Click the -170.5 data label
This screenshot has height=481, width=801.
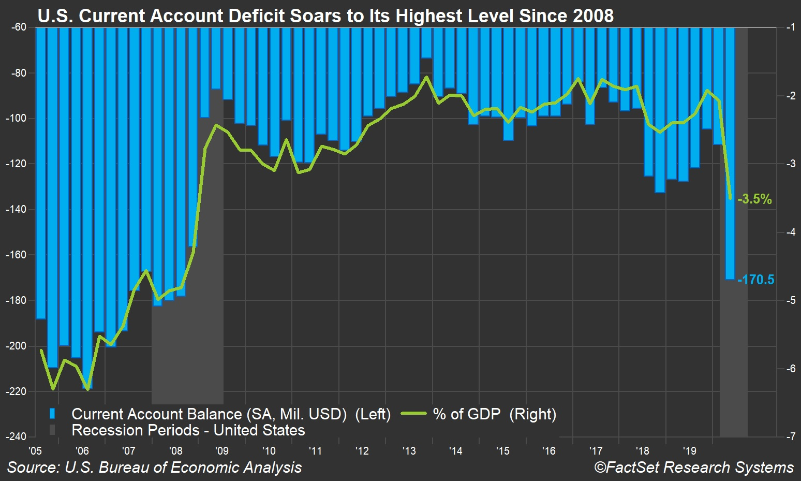tap(755, 280)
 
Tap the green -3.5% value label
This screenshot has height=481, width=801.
tap(754, 199)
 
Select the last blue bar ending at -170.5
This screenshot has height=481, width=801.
tap(730, 155)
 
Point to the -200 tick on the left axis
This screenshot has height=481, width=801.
tap(16, 346)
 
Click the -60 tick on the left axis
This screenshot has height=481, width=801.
tap(18, 27)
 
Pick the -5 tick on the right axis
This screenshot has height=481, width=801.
tap(791, 300)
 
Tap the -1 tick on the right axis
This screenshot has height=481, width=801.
tap(791, 27)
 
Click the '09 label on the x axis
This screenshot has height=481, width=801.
tap(221, 450)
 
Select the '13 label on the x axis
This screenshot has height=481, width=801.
tap(409, 450)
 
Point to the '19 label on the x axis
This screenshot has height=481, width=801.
tap(689, 450)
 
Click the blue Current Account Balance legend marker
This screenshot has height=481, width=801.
tap(52, 414)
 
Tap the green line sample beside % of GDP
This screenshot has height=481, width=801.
tap(413, 414)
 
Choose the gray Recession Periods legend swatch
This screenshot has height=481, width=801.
tap(52, 430)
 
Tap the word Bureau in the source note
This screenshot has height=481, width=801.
tap(127, 468)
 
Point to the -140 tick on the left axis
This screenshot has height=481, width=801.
tap(16, 209)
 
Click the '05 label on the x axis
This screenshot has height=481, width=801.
tap(35, 450)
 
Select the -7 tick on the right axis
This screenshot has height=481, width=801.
tap(791, 436)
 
